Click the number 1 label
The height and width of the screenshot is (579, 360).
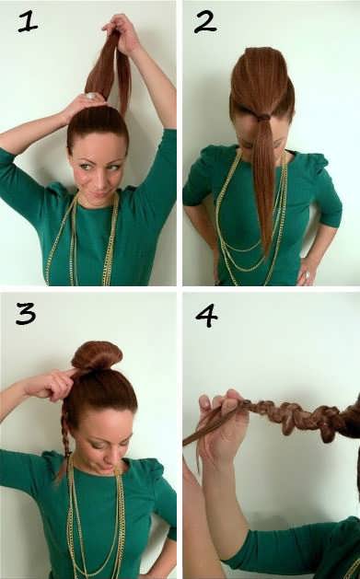[x=28, y=21]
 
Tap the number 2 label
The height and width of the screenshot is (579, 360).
[x=205, y=22]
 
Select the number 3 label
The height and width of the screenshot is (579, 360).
[x=26, y=314]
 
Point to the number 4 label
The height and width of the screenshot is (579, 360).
[x=206, y=316]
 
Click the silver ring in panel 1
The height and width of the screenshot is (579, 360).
[x=90, y=97]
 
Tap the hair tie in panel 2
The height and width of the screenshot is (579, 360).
[x=263, y=118]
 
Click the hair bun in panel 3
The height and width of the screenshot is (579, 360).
[x=97, y=355]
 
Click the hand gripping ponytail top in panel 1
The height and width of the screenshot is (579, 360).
[x=122, y=31]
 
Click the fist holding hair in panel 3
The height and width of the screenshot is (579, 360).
[x=52, y=385]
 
